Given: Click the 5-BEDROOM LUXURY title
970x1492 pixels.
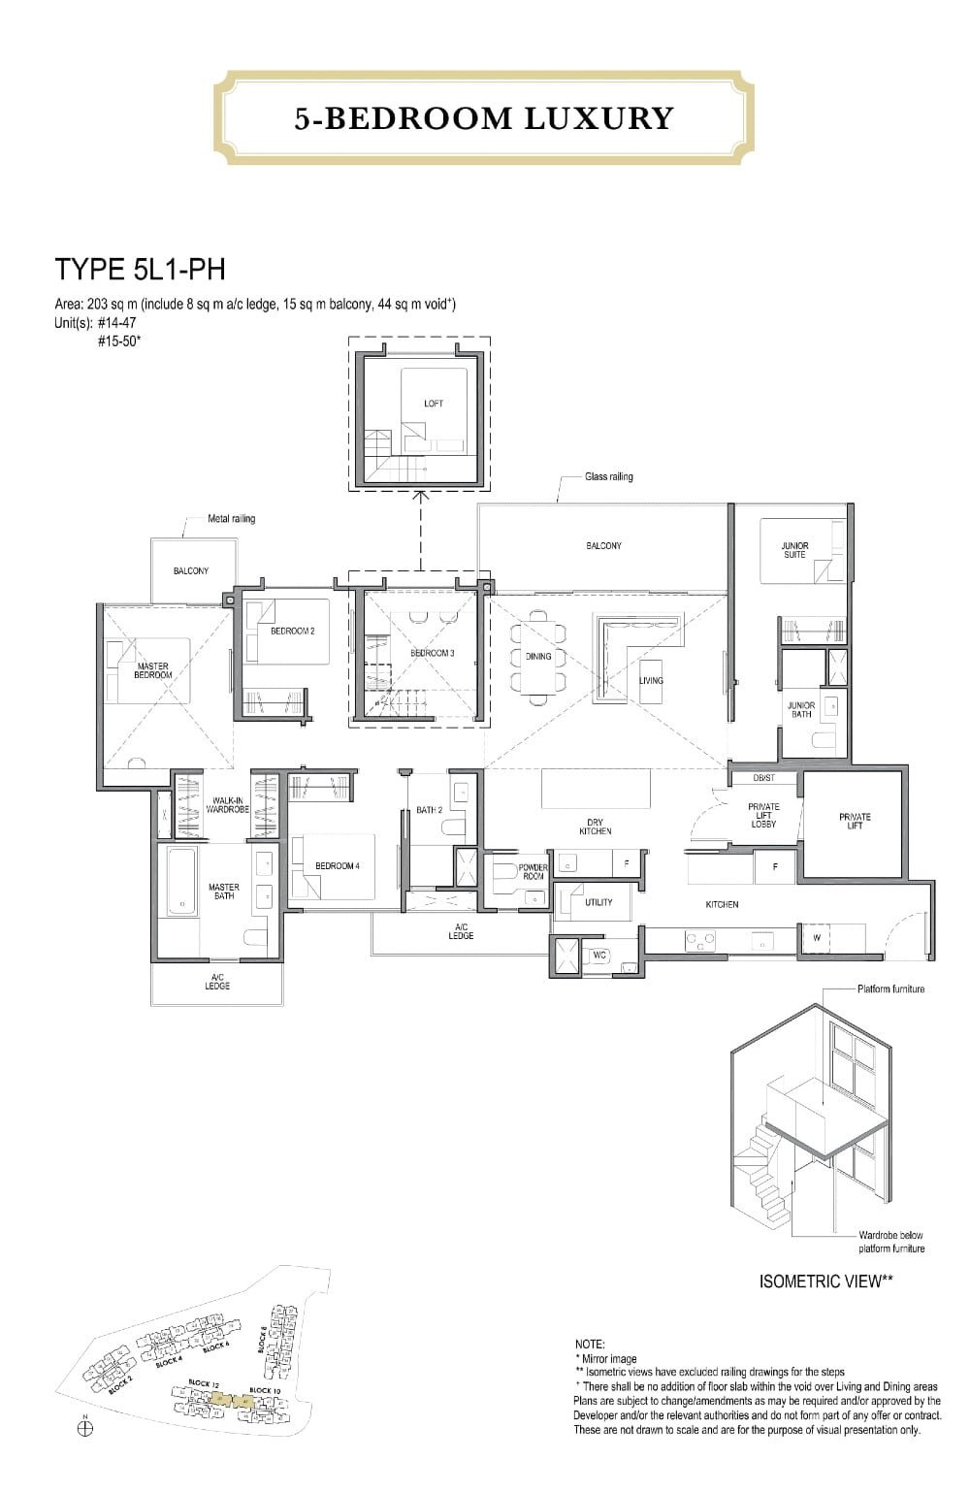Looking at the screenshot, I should (484, 118).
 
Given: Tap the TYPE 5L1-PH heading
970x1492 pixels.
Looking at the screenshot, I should (140, 269).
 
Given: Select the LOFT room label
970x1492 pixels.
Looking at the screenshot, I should (434, 404).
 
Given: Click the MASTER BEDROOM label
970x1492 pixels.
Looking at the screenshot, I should (153, 670).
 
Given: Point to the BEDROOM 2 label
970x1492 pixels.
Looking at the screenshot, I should (292, 631).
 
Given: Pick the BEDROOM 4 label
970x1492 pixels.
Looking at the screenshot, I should (337, 865).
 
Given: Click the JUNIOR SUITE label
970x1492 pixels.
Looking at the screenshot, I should (794, 550).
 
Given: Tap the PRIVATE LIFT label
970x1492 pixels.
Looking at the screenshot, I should (855, 821).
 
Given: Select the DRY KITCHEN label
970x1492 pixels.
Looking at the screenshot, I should (595, 827).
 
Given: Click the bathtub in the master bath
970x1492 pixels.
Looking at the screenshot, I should (181, 881).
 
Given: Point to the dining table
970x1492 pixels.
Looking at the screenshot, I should (538, 657).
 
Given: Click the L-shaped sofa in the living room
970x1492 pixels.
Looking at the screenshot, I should (621, 640).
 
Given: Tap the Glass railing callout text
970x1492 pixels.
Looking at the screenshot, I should (608, 476).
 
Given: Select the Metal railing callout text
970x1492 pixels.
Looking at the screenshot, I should (231, 519).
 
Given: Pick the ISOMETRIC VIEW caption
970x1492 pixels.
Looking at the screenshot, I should (824, 1281).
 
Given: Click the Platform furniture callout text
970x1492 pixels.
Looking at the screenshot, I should (890, 989).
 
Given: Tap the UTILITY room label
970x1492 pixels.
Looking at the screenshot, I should (598, 902).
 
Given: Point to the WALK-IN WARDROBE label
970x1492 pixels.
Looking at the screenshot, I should (227, 804).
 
